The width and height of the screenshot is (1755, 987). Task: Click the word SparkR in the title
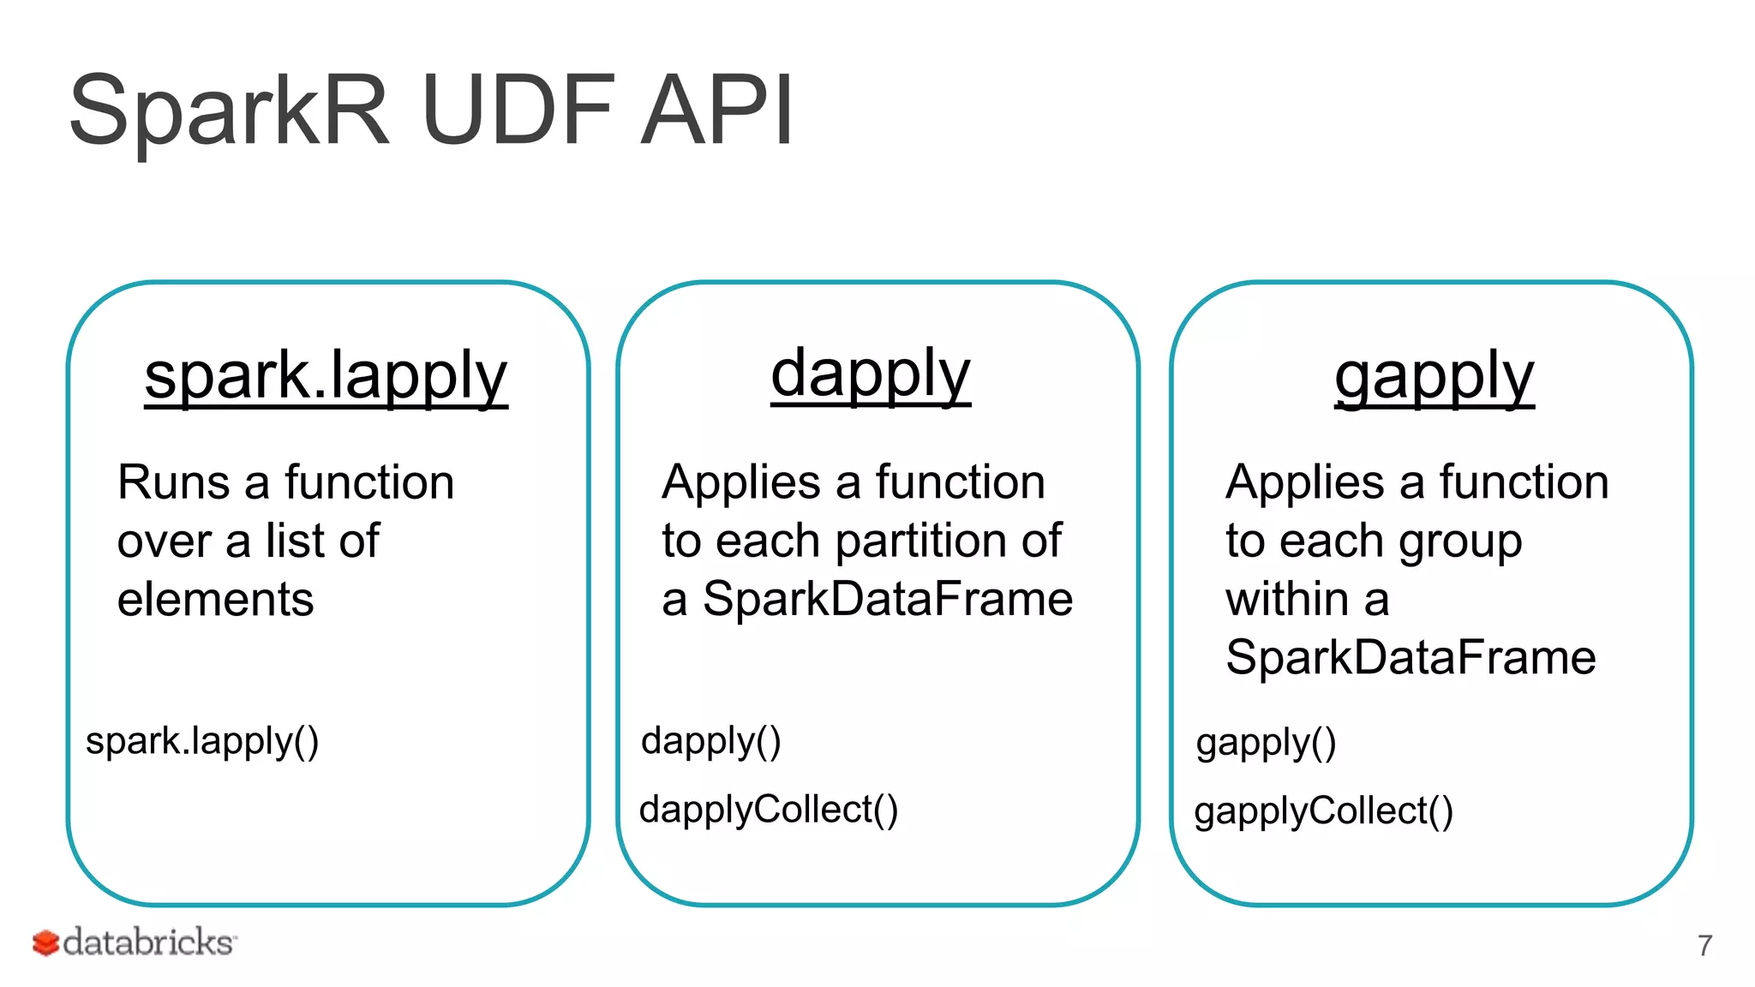tap(230, 111)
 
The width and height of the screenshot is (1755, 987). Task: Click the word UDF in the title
tap(518, 111)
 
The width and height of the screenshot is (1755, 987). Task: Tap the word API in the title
tap(718, 111)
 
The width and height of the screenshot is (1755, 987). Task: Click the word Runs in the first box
tap(173, 482)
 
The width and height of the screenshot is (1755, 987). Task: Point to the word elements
tap(215, 599)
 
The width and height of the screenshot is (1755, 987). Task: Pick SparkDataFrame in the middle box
tap(887, 599)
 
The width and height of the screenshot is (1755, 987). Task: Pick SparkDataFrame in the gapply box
tap(1411, 658)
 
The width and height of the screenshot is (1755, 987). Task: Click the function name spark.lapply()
tap(202, 741)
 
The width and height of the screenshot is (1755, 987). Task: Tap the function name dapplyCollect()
tap(769, 811)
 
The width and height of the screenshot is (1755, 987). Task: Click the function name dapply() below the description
tap(710, 741)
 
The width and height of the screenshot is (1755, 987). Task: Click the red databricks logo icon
tap(45, 943)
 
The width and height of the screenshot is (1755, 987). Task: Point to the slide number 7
tap(1704, 946)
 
